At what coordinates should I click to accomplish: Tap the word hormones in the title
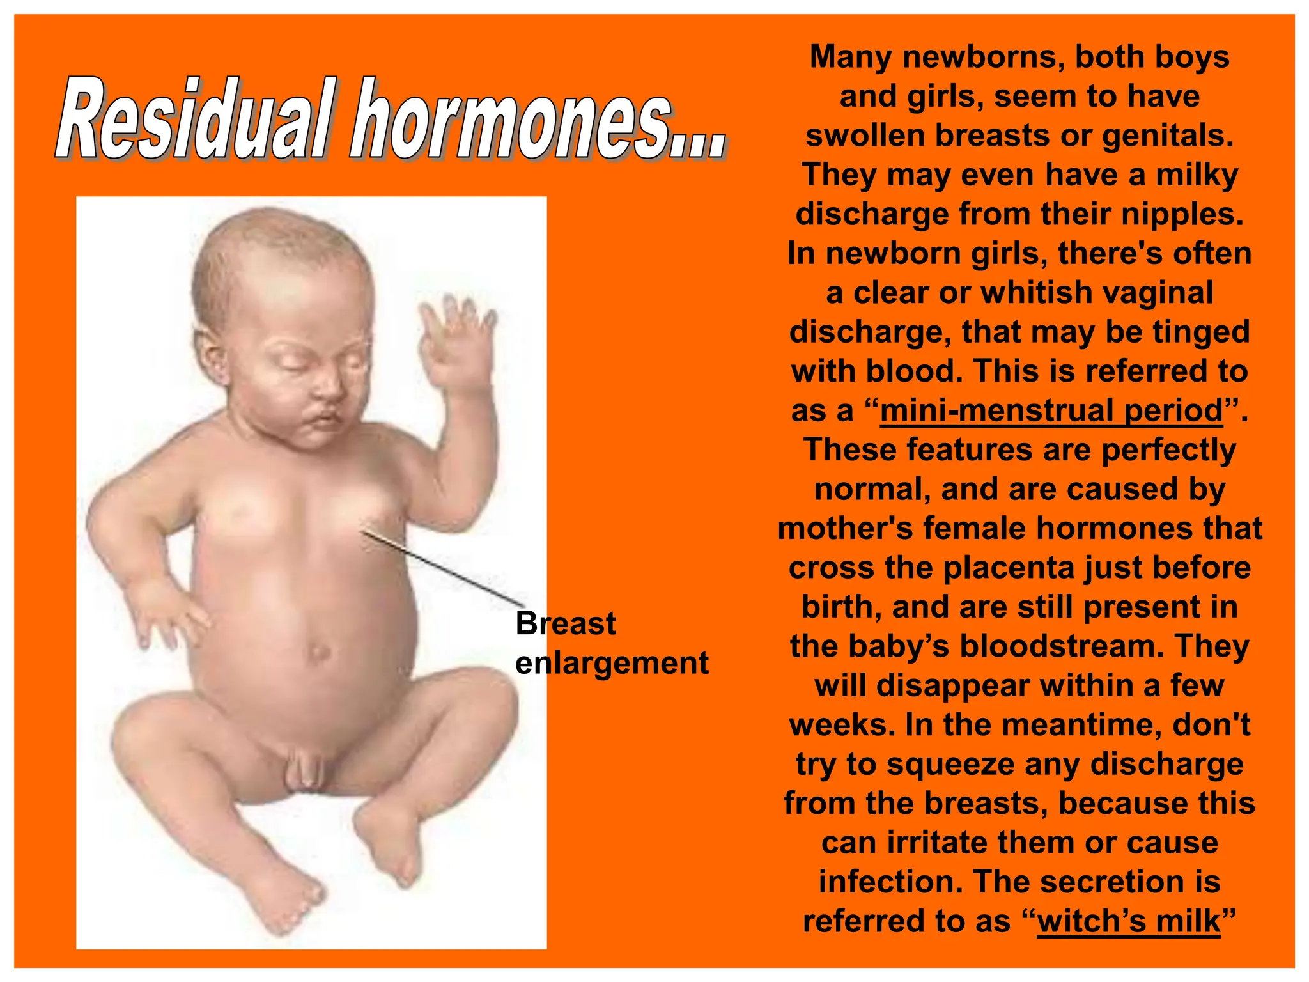[x=511, y=120]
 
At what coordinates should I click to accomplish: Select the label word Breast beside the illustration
[x=566, y=623]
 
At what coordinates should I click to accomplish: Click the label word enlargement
[x=612, y=663]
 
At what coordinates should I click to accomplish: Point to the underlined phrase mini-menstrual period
[x=1051, y=410]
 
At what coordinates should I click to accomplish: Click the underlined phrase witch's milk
[x=1129, y=921]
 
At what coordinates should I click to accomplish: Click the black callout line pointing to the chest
[x=441, y=567]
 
